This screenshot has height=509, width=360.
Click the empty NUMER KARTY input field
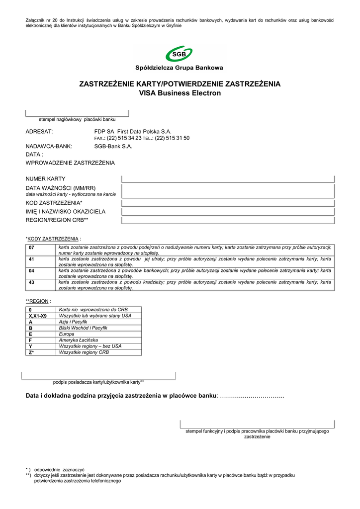click(x=228, y=179)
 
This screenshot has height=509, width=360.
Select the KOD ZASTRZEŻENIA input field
click(x=228, y=203)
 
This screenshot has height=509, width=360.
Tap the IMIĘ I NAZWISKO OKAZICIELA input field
click(x=228, y=211)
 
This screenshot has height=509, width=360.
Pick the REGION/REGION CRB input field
click(x=228, y=219)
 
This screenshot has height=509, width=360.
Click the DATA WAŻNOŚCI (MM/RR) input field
click(x=228, y=191)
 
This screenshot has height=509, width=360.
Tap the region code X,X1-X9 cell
click(x=38, y=316)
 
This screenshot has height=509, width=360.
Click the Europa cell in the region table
click(x=67, y=334)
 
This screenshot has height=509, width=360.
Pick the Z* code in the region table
click(x=31, y=352)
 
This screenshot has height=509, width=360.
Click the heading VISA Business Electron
click(x=180, y=93)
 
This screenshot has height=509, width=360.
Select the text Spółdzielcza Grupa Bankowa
click(x=180, y=68)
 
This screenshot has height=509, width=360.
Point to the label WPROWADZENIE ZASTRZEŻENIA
click(x=70, y=163)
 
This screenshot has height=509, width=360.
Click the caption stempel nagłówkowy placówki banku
click(x=77, y=120)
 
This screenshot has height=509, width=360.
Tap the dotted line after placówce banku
click(x=252, y=396)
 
